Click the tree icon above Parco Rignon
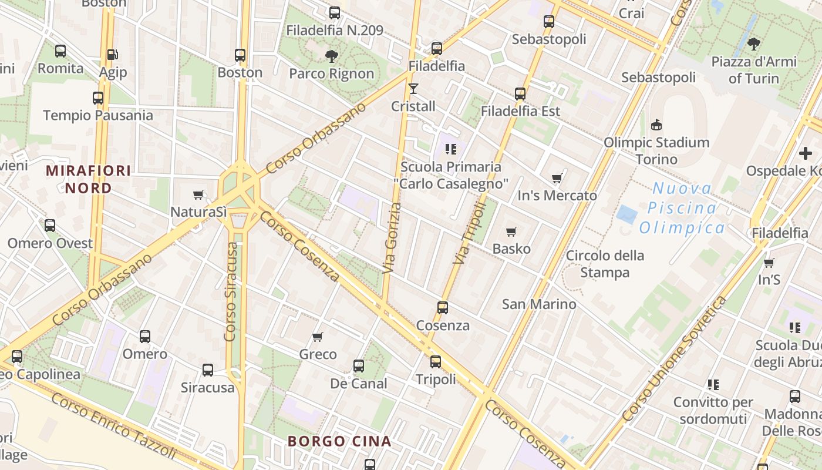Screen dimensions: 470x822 tap(332, 56)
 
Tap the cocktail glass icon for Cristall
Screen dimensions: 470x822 tap(413, 89)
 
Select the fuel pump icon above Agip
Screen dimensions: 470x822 tap(112, 55)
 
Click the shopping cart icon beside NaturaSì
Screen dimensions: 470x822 tap(198, 194)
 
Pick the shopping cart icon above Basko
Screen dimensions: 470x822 tap(511, 231)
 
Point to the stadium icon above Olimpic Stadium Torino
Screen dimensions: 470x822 tap(656, 125)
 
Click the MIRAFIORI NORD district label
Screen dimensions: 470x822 tap(88, 179)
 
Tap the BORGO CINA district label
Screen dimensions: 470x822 tap(339, 441)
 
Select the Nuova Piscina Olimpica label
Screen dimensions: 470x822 tap(682, 208)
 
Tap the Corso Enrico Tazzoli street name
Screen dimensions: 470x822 tap(113, 425)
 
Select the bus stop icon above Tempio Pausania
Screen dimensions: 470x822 tap(98, 98)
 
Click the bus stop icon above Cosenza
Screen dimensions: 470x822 tap(443, 308)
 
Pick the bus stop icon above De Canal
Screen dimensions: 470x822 tap(359, 366)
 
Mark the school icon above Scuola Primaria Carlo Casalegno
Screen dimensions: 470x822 tap(450, 149)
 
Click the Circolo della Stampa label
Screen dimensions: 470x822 tap(605, 264)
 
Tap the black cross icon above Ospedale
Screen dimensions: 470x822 tap(805, 153)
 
